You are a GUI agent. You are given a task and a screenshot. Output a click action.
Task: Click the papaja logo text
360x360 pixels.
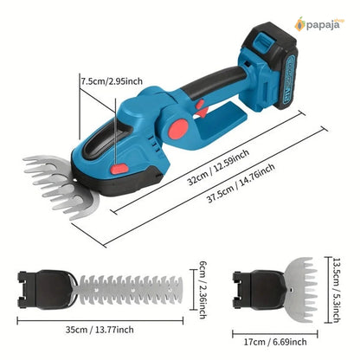[323, 25]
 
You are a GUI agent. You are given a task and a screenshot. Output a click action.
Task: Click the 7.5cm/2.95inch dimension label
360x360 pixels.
[112, 81]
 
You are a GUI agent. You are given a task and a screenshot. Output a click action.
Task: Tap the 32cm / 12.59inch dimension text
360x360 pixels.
[218, 167]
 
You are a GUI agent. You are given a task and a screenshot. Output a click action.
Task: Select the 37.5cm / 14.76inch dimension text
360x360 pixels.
[241, 183]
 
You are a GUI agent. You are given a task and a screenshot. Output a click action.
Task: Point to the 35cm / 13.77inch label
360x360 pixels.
[100, 330]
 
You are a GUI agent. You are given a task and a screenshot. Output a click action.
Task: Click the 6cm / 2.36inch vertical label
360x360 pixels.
[203, 290]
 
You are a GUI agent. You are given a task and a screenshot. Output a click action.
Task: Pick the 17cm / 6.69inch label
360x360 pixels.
[275, 342]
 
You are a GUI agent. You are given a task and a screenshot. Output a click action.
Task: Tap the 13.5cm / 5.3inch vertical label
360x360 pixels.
[337, 290]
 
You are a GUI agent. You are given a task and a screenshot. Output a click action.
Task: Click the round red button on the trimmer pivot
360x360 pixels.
[178, 129]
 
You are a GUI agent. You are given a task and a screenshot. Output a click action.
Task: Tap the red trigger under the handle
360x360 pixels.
[202, 108]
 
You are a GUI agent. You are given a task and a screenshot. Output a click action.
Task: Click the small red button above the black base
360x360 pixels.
[119, 169]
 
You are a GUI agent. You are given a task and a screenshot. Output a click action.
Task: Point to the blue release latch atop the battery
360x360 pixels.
[264, 42]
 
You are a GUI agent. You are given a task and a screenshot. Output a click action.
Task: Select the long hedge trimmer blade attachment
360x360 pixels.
[129, 289]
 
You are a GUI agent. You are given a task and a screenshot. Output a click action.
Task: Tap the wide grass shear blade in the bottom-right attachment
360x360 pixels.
[300, 289]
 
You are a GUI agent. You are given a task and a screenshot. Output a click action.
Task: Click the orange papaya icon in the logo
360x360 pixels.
[299, 24]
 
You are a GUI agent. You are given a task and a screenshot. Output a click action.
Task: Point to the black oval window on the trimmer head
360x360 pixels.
[106, 143]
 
